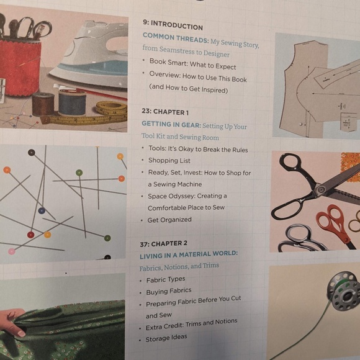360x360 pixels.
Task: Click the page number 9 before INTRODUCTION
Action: [x=145, y=22]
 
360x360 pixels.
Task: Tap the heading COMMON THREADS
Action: [x=175, y=38]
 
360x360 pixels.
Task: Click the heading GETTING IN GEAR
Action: [x=171, y=124]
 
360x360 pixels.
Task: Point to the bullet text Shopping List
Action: [x=169, y=161]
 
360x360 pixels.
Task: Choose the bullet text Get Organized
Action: [x=169, y=220]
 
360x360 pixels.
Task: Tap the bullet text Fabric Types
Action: [x=166, y=280]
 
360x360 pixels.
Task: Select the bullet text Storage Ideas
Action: [x=166, y=338]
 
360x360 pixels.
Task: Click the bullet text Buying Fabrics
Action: [x=169, y=291]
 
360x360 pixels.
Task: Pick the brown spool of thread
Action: [x=43, y=104]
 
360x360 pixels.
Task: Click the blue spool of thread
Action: [x=72, y=102]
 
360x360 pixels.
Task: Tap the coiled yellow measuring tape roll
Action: [x=112, y=108]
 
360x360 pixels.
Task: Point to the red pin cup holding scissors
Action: [x=20, y=66]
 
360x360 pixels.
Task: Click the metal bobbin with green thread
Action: [x=344, y=291]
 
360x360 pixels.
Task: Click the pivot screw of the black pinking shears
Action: [x=320, y=189]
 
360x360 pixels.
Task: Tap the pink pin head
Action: [x=11, y=251]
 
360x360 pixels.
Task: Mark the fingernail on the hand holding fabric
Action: [x=22, y=333]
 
